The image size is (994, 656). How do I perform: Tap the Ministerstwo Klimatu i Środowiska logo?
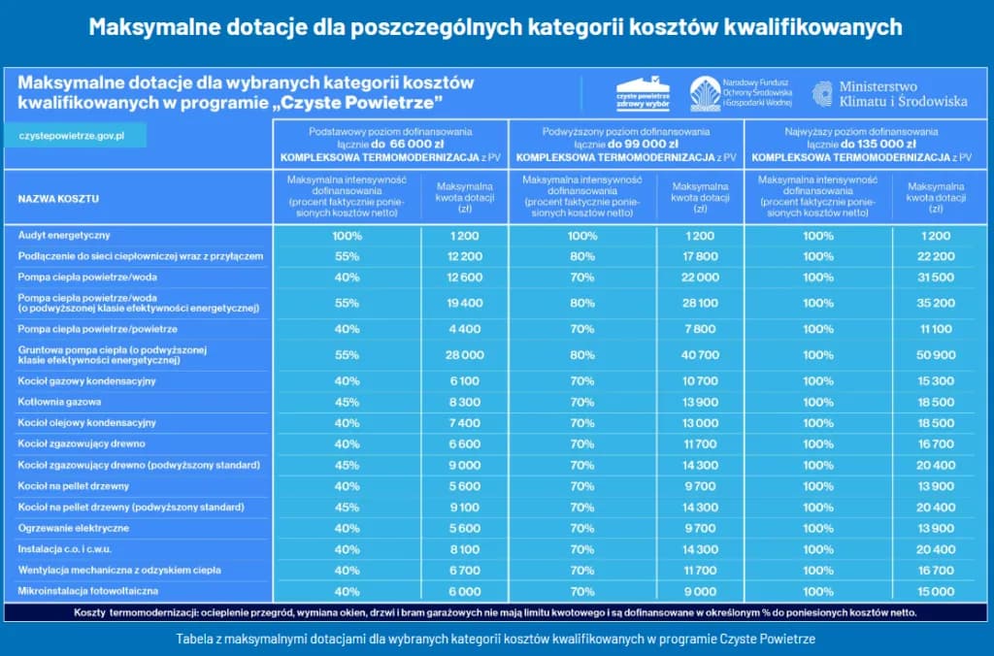click(x=889, y=93)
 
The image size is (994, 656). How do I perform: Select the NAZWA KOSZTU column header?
click(x=58, y=199)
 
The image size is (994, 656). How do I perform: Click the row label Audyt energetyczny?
click(x=64, y=236)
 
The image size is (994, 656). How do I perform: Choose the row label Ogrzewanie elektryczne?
click(x=74, y=528)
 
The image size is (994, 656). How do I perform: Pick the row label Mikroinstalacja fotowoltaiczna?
click(x=88, y=591)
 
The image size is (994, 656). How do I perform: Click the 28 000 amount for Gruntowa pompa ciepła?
click(x=465, y=355)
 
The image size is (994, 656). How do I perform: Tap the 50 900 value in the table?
click(x=936, y=355)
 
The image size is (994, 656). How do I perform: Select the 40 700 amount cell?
click(x=700, y=355)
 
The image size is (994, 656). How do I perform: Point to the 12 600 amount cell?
click(x=465, y=278)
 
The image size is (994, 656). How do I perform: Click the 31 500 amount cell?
click(x=936, y=278)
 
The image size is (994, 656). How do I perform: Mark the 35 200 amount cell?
click(x=936, y=304)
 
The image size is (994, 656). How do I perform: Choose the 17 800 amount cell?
click(x=700, y=256)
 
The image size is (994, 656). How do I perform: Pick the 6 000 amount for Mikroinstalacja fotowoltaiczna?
click(x=465, y=591)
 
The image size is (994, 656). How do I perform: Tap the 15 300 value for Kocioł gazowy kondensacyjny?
click(x=936, y=381)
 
